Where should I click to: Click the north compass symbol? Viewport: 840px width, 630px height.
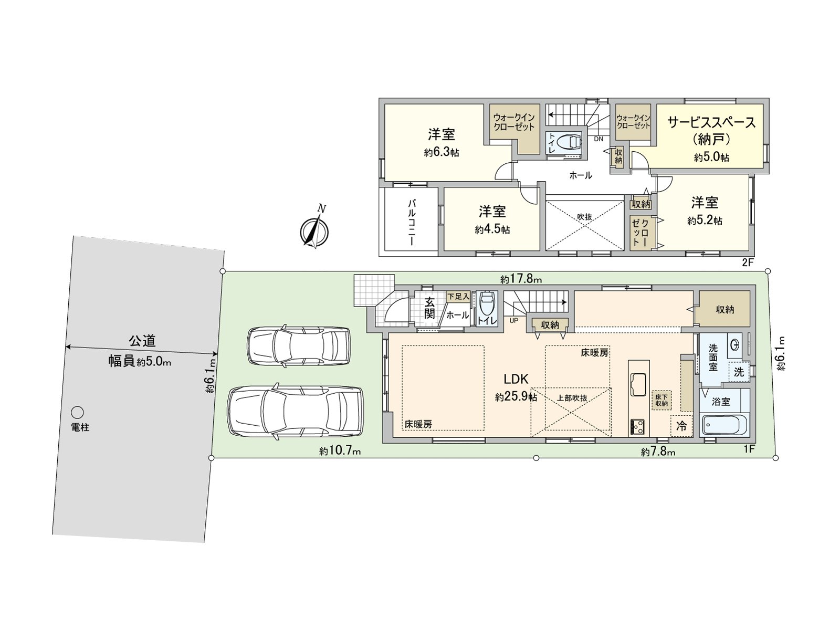314,230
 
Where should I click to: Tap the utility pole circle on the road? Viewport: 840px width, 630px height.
78,412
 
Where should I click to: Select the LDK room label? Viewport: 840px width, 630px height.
516,379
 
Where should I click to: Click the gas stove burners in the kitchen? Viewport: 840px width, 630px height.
638,427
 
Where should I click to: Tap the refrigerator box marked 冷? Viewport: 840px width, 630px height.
681,426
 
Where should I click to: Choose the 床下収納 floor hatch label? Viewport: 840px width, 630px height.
661,400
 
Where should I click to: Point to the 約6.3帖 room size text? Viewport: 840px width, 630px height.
442,153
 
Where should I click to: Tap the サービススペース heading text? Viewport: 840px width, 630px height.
711,122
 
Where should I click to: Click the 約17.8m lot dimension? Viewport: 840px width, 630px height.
521,279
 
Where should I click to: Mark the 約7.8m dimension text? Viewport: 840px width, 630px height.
658,452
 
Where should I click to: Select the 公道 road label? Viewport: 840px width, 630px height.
142,341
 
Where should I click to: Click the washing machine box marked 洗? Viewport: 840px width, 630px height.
739,372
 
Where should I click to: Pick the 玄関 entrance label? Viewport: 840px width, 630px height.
429,308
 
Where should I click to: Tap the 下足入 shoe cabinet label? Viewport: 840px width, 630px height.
458,297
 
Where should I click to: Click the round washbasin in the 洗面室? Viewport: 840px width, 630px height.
736,344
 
